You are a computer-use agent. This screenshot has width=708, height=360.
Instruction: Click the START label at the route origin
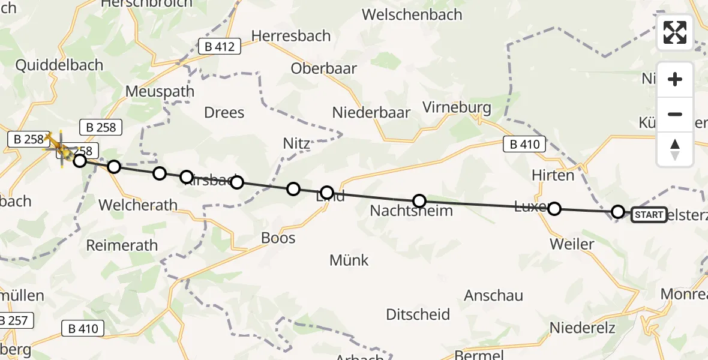(649, 215)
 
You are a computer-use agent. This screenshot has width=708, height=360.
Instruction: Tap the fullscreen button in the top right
(675, 32)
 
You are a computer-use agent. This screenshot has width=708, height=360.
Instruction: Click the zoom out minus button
(675, 114)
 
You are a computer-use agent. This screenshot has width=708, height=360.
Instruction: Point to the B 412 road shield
(220, 46)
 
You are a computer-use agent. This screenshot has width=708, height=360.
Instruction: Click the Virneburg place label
(457, 108)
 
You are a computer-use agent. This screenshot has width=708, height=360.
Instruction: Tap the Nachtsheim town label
(411, 211)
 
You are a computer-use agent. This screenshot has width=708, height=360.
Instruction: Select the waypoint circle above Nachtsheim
(419, 201)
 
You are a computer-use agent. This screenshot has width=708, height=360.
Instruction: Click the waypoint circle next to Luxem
(554, 209)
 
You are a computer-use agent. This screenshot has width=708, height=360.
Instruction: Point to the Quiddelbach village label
(59, 65)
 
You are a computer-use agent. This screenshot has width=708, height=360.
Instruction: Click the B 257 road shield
(13, 321)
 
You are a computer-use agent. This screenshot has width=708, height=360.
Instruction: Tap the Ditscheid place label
(418, 314)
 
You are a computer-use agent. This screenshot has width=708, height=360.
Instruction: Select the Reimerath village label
(122, 245)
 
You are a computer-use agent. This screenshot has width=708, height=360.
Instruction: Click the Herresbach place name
(290, 35)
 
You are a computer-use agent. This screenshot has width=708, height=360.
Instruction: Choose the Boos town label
(278, 238)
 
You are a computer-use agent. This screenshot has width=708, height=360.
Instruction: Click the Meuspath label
(160, 92)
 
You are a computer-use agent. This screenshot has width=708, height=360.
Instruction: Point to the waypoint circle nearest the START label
(618, 212)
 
